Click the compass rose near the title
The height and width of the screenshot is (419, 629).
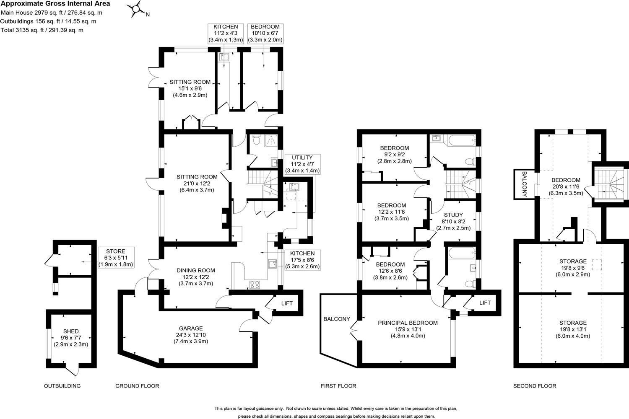[137, 9]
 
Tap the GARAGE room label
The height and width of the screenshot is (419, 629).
[191, 334]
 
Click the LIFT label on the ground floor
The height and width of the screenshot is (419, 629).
[287, 303]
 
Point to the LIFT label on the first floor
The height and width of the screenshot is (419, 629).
[485, 303]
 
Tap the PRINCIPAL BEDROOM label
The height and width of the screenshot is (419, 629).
[408, 329]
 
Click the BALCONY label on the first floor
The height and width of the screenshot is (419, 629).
[336, 319]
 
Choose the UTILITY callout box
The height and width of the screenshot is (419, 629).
[302, 164]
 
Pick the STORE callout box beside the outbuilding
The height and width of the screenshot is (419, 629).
[115, 258]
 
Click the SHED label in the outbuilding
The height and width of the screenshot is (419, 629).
[71, 338]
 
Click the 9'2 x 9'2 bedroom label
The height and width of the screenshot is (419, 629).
[394, 154]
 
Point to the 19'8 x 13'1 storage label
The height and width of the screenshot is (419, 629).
[573, 329]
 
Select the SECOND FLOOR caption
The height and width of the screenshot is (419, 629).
[535, 386]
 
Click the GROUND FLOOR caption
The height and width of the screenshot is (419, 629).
[137, 386]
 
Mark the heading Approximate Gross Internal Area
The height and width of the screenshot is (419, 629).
[55, 4]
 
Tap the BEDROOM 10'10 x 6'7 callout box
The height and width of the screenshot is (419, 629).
[265, 33]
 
